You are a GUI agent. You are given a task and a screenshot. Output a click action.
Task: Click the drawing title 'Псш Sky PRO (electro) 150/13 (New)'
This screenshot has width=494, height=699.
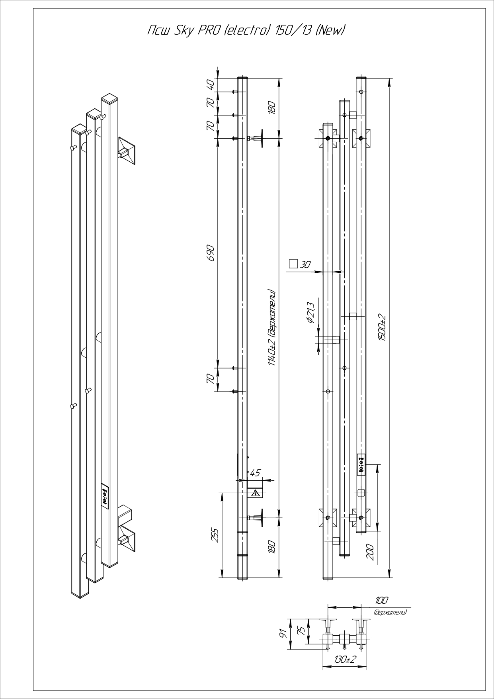coord(246,30)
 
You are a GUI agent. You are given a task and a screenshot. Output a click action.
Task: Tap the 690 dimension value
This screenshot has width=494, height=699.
coord(211,253)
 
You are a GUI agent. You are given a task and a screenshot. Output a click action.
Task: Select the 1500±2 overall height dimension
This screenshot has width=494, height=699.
coord(383,327)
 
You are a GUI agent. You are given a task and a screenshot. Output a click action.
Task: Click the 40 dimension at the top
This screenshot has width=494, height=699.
coord(211,84)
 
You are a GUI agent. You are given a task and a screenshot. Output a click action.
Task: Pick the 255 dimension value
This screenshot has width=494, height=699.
coord(214,536)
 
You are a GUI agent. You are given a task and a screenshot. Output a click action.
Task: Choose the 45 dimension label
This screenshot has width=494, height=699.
coord(254,473)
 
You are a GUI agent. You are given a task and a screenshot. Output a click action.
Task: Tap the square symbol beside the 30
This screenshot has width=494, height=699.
coord(293,264)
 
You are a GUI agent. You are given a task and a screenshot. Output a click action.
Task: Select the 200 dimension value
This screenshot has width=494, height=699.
coord(369,552)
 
